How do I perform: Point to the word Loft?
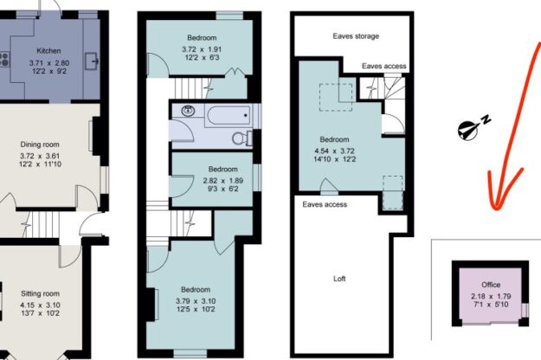tap(339, 279)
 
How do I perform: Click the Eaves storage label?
tap(356, 36)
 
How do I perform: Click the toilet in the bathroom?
tap(242, 137)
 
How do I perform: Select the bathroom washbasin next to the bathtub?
tap(185, 110)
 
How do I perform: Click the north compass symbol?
tap(468, 128)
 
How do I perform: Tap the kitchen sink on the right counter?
tap(93, 62)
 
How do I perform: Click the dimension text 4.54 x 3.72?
tap(334, 150)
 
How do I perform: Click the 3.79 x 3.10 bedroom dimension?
tap(196, 301)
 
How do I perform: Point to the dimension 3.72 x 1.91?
tap(202, 49)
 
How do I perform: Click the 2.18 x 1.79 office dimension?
tap(490, 296)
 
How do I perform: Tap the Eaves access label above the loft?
tap(325, 205)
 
